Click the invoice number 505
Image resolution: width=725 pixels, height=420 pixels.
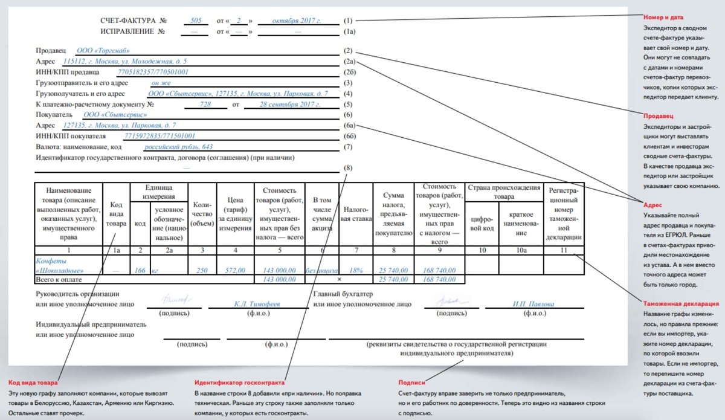[195, 21]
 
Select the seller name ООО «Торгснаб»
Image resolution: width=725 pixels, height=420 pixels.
[103, 51]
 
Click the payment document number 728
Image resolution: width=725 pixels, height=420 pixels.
[205, 104]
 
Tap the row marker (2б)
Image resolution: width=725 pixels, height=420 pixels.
[349, 73]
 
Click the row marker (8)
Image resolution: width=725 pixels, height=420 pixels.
[347, 168]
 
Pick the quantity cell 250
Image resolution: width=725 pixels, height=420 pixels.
[202, 270]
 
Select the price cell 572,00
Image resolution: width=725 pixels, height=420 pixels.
[234, 270]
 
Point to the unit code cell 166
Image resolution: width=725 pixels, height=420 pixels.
[141, 270]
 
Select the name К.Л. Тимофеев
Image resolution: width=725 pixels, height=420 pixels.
[257, 304]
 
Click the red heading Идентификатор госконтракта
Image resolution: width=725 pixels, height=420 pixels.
[239, 383]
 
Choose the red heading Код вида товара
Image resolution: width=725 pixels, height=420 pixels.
[33, 383]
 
